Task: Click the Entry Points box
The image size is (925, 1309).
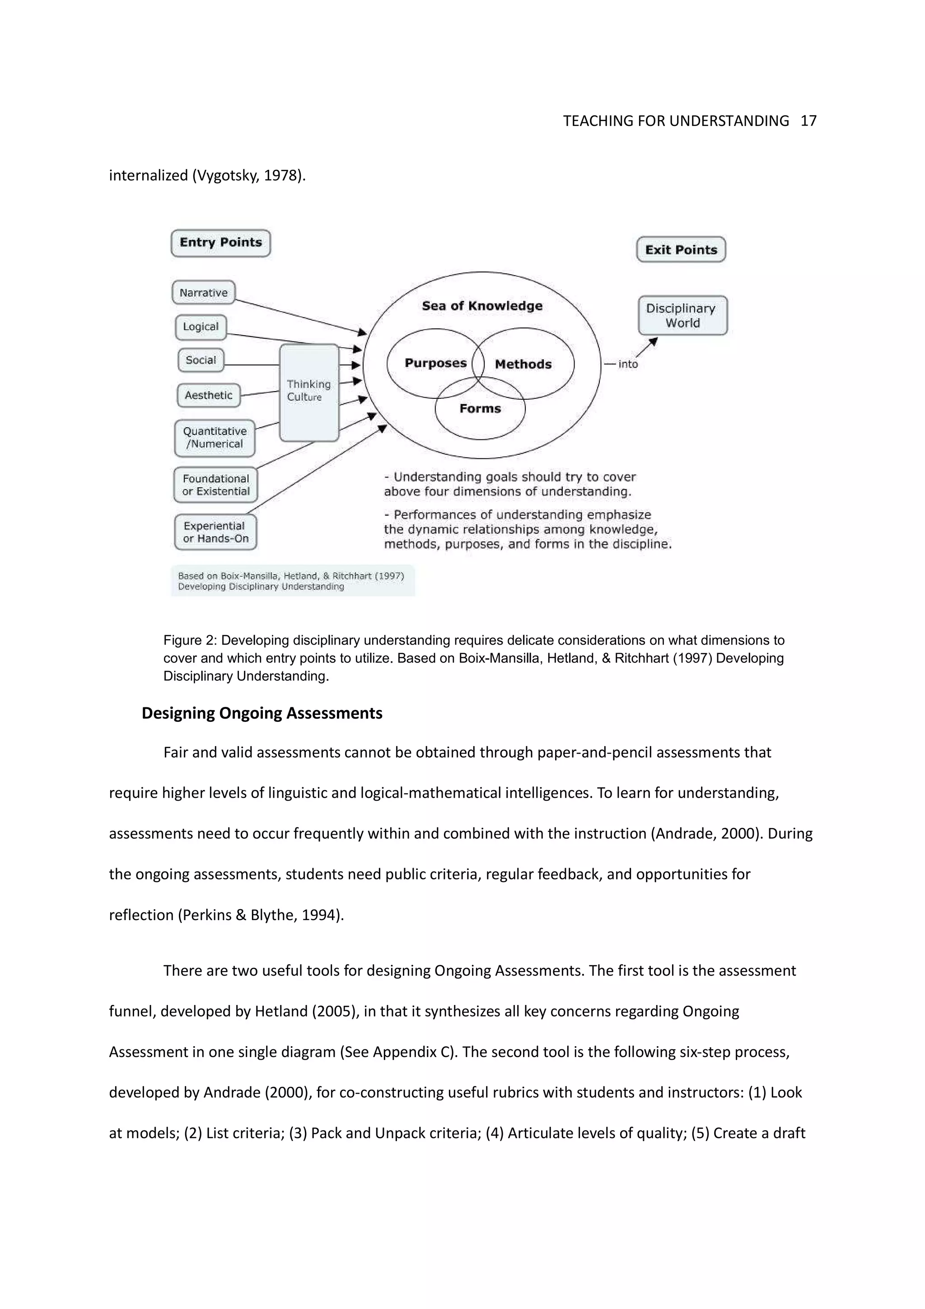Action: point(220,243)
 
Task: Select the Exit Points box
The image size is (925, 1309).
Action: point(681,250)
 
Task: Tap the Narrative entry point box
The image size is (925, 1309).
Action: point(203,293)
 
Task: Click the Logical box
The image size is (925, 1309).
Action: point(201,327)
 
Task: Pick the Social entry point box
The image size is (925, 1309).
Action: point(201,360)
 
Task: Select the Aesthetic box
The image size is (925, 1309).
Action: point(209,395)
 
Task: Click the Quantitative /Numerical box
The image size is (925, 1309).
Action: point(215,438)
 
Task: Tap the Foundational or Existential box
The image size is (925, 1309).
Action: point(215,485)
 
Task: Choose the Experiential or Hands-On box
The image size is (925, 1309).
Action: point(215,532)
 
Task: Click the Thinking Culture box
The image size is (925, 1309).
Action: point(309,392)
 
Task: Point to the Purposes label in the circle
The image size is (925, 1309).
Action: point(435,363)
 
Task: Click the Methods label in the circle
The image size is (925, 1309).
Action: point(523,365)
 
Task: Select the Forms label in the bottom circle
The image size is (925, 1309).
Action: point(480,408)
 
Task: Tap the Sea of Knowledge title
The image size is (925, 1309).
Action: point(482,306)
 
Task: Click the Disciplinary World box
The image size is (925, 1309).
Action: point(682,315)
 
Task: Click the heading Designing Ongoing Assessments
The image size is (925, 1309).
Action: point(262,713)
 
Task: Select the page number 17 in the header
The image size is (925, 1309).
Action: point(808,121)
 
